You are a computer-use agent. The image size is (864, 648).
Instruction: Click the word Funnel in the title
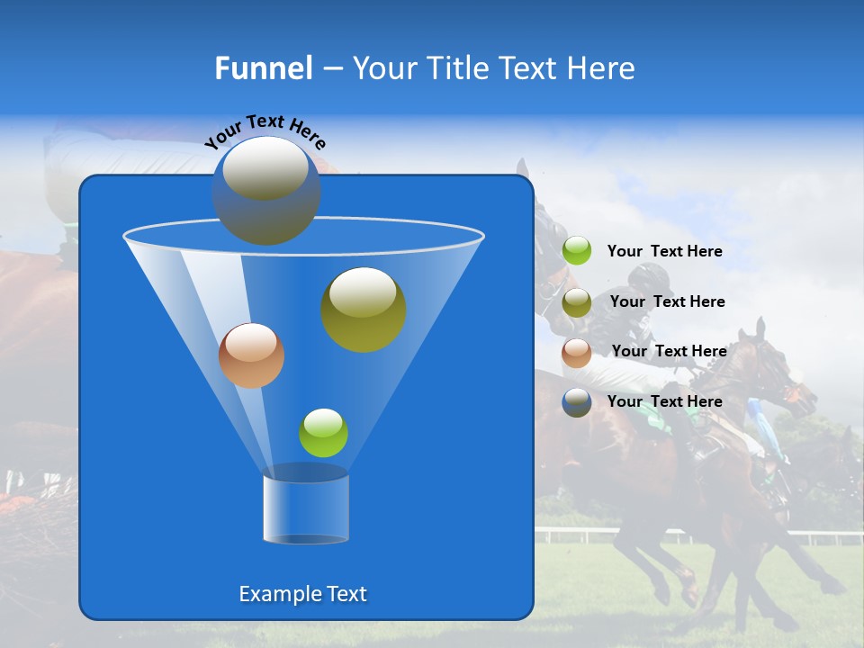click(x=264, y=68)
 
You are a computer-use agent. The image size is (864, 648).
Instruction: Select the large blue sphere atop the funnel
click(x=265, y=190)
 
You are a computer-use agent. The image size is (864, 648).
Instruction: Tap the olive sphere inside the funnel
click(x=363, y=309)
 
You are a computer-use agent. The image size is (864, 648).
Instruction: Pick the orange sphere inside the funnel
click(x=251, y=355)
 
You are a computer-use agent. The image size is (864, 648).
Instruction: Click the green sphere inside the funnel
click(x=323, y=433)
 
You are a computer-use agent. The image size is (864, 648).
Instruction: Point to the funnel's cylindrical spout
click(x=305, y=508)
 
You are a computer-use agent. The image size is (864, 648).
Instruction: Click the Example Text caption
click(x=302, y=594)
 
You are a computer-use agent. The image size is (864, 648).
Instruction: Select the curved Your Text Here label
click(x=265, y=131)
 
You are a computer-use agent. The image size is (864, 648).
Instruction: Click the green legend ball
click(x=577, y=251)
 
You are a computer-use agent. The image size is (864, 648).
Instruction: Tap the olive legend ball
click(x=577, y=301)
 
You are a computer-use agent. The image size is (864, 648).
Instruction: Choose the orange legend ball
click(x=577, y=352)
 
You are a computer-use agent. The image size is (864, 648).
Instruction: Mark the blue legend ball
click(x=577, y=402)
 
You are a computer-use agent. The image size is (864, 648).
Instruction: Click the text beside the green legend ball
click(x=664, y=251)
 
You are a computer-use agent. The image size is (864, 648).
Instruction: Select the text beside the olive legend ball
click(x=667, y=301)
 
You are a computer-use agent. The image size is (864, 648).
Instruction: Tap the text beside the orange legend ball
click(x=669, y=351)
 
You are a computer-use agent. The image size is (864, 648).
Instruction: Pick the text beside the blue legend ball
click(x=664, y=401)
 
